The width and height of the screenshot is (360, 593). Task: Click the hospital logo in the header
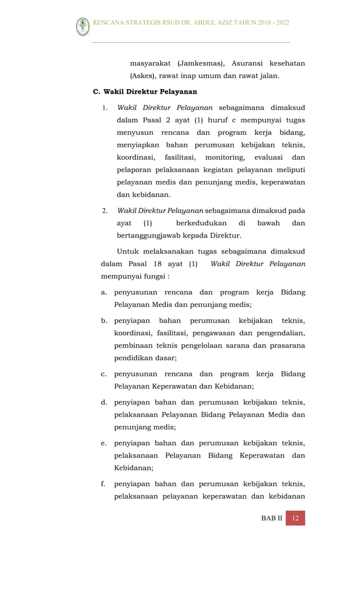(83, 27)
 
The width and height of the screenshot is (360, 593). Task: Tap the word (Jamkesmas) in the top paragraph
(200, 64)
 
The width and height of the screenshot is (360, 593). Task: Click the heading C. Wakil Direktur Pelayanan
(144, 91)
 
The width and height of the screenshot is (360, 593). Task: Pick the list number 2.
(105, 211)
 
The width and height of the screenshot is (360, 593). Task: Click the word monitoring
(225, 157)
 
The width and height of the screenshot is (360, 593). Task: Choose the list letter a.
(104, 292)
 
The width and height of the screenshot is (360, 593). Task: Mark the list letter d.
(104, 402)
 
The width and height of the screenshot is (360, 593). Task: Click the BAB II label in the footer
(272, 519)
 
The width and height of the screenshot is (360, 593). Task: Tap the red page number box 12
(295, 519)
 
